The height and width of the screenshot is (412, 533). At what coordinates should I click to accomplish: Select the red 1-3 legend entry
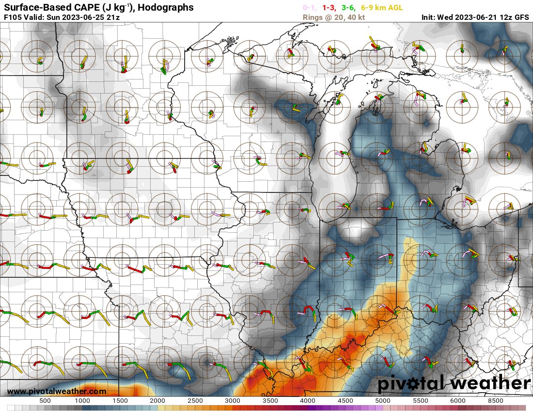[x=329, y=8]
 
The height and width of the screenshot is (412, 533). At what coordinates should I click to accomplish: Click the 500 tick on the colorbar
[x=45, y=401]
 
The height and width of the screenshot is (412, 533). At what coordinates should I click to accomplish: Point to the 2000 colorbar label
[x=157, y=401]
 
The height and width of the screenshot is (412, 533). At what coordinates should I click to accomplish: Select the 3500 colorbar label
[x=270, y=401]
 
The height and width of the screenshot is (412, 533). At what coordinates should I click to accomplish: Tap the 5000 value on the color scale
[x=382, y=401]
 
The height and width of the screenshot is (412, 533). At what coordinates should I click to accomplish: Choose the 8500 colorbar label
[x=495, y=401]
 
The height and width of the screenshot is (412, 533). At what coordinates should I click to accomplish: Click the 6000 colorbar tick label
[x=457, y=401]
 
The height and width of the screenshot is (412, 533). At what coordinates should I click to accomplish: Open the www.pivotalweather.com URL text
[x=57, y=391]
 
